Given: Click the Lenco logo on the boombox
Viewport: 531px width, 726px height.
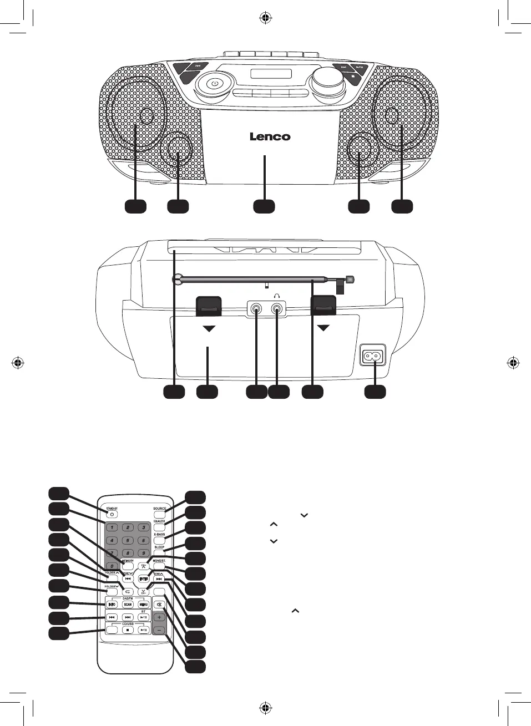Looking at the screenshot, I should (270, 136).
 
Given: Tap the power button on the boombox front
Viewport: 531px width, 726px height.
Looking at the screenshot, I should (214, 84).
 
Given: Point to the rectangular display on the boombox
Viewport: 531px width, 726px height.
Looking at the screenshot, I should (271, 74).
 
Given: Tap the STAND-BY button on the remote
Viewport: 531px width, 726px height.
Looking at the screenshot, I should (112, 514).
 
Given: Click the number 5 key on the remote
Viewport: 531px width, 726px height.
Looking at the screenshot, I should (128, 540).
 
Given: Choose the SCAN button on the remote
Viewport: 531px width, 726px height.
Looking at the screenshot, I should (128, 604).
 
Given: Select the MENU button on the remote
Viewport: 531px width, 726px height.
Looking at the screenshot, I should (144, 604).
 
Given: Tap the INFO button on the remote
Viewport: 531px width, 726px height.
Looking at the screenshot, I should (112, 604).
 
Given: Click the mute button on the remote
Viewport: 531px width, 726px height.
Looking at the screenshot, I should (159, 605).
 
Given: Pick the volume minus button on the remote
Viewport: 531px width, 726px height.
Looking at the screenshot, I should (159, 630).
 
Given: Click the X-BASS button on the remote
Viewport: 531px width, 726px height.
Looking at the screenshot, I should (159, 540).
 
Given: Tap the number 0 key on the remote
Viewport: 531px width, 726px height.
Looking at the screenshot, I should (112, 566).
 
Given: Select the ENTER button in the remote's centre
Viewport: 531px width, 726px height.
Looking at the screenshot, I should (144, 579).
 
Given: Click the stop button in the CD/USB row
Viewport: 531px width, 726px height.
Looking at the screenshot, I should (128, 630).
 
